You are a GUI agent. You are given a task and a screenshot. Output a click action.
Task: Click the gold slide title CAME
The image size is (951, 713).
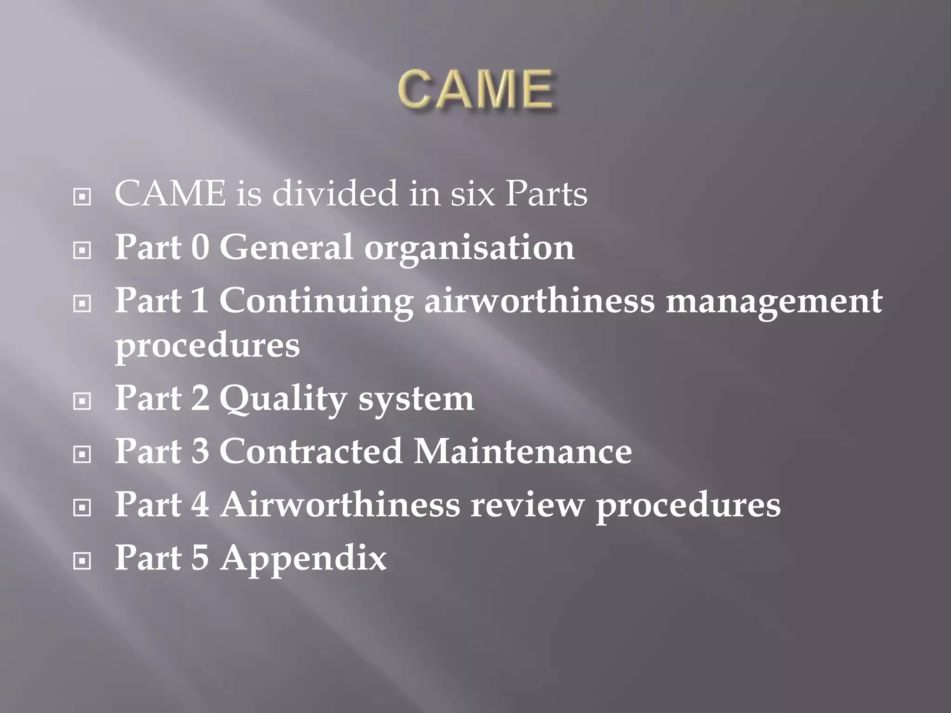pos(475,89)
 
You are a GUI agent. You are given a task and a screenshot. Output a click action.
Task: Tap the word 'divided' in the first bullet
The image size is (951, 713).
pos(334,194)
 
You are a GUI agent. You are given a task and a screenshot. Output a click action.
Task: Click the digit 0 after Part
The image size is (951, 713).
pos(200,247)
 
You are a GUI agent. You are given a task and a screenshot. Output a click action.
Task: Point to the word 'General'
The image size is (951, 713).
pos(286,247)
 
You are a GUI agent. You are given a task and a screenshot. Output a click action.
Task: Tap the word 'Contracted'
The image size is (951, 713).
pos(310,451)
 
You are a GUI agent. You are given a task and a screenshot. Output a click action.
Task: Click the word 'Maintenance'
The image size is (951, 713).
pos(522,451)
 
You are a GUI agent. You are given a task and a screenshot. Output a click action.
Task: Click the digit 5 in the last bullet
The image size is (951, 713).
pos(200,557)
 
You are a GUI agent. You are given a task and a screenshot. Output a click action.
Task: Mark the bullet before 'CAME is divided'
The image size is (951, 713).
pos(82,197)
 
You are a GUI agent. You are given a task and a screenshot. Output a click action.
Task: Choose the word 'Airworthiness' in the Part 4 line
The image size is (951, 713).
pos(340,505)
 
